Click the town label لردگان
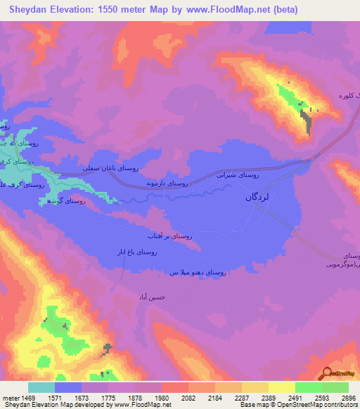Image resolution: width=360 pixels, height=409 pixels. [267, 197]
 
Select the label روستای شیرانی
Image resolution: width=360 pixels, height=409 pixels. [260, 174]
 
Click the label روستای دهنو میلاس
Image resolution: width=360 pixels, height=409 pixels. [198, 272]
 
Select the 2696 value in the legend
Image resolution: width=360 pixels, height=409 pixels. [349, 396]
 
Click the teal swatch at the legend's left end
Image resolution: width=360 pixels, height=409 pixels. [41, 387]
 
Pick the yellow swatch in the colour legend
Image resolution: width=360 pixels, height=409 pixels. [281, 387]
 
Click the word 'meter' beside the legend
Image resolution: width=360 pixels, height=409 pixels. [10, 396]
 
